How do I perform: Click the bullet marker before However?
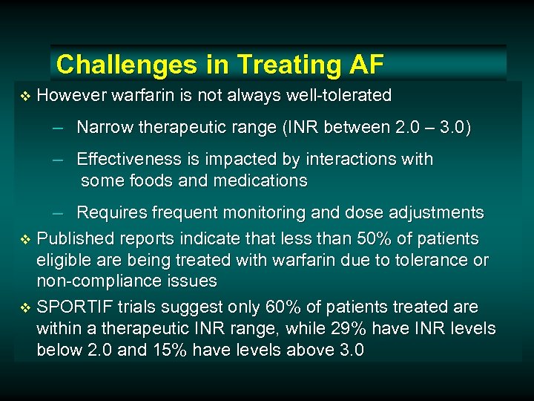[x=25, y=96]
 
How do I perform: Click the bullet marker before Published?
[x=25, y=239]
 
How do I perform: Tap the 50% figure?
[x=380, y=238]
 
